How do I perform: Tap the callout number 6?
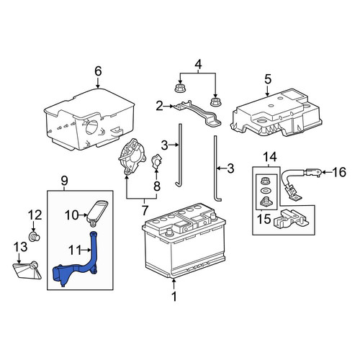pos(98,71)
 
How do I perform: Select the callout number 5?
pos(268,79)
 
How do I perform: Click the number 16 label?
pos(339,172)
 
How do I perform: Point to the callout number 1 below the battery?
pos(174,297)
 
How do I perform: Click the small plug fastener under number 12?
pos(35,237)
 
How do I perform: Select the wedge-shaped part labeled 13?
pos(27,270)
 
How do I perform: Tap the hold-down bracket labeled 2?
pos(197,114)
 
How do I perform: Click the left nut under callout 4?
pos(179,88)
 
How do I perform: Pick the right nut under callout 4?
pos(215,102)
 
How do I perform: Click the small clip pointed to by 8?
pos(156,161)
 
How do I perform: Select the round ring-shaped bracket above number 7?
pos(132,156)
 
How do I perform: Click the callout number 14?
pos(270,157)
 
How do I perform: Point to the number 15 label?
pos(264,219)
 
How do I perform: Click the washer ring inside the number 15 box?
pos(265,191)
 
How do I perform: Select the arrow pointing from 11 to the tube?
pos(86,251)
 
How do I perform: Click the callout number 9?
pos(65,181)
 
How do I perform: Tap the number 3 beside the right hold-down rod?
pos(230,168)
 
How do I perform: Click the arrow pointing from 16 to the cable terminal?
pos(326,172)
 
